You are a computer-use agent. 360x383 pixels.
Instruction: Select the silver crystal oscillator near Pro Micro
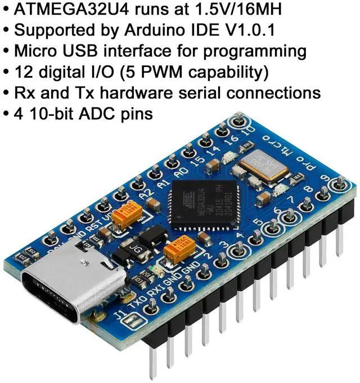click(x=259, y=165)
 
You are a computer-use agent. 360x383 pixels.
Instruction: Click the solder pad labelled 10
click(x=238, y=120)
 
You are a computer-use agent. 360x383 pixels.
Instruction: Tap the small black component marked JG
click(x=134, y=245)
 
